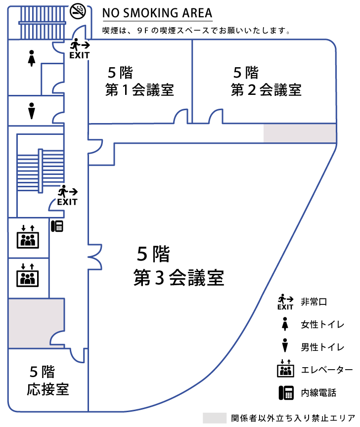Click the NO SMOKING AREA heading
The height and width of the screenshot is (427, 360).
pos(157,13)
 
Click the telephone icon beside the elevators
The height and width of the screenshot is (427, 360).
pos(57,226)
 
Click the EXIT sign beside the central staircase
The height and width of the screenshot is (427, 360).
pos(67,195)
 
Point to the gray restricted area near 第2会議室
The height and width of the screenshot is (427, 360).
pos(300,133)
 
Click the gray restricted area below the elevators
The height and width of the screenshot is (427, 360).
pos(36,323)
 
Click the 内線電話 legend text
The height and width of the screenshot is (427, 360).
pos(318,393)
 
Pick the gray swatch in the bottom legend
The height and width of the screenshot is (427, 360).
pos(214,418)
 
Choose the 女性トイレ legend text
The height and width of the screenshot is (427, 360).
pos(322,325)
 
